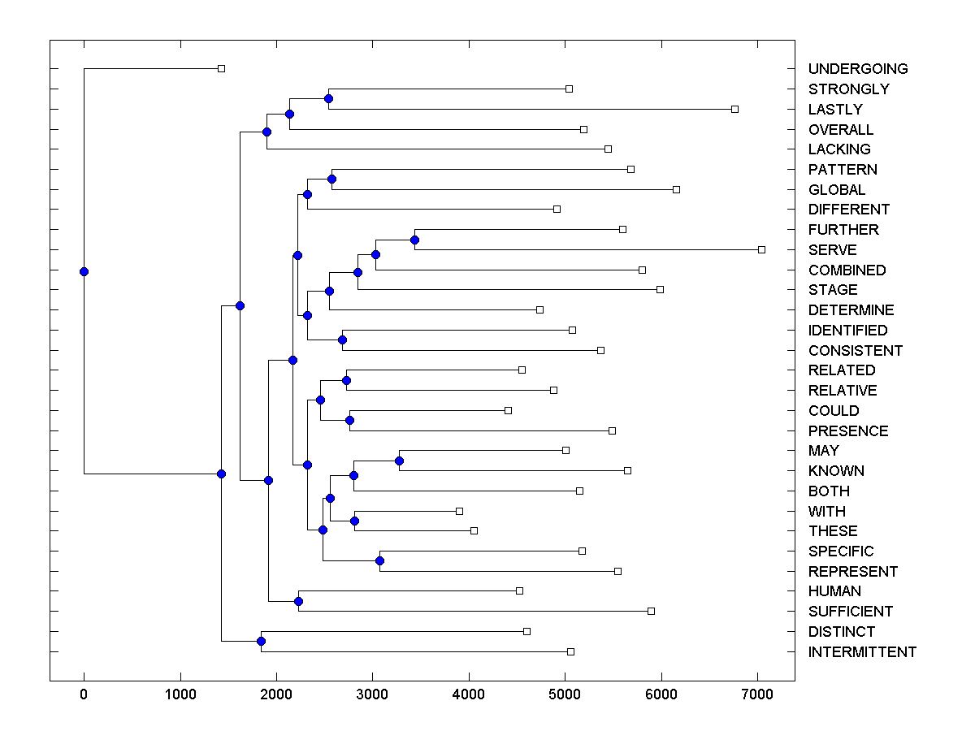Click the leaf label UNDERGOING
858,69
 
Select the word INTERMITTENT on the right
862,652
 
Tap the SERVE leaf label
832,250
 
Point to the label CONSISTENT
856,351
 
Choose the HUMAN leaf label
834,591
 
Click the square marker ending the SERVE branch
761,249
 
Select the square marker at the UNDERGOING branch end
221,68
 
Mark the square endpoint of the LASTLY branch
734,109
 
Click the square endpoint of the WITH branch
459,511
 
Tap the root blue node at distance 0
84,271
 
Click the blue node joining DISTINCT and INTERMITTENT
261,642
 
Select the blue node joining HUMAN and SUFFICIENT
298,602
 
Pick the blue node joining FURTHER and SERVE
414,240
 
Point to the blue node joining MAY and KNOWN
399,461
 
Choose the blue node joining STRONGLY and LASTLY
328,99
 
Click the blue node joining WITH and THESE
354,521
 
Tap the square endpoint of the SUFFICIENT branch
651,611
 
